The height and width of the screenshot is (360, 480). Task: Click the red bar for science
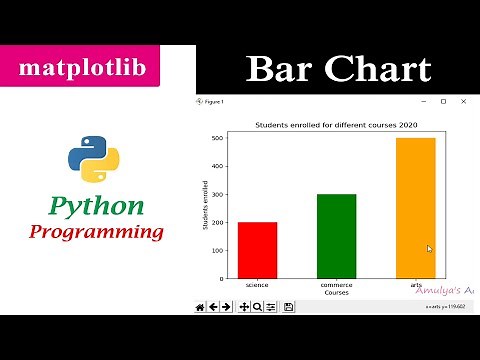[257, 250]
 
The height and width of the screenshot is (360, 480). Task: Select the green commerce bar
[336, 236]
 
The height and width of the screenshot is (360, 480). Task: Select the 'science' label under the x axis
[257, 285]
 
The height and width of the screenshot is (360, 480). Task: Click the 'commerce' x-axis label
[336, 285]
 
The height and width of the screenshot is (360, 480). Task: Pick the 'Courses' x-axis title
[336, 292]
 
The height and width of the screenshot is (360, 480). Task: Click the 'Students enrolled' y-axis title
[206, 208]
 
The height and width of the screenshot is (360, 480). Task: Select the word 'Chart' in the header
[378, 70]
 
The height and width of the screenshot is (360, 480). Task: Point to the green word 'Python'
[96, 207]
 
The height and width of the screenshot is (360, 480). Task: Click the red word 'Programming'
[96, 232]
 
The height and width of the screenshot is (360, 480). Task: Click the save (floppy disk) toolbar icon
[288, 307]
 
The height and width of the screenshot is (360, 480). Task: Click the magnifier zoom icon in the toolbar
[258, 307]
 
